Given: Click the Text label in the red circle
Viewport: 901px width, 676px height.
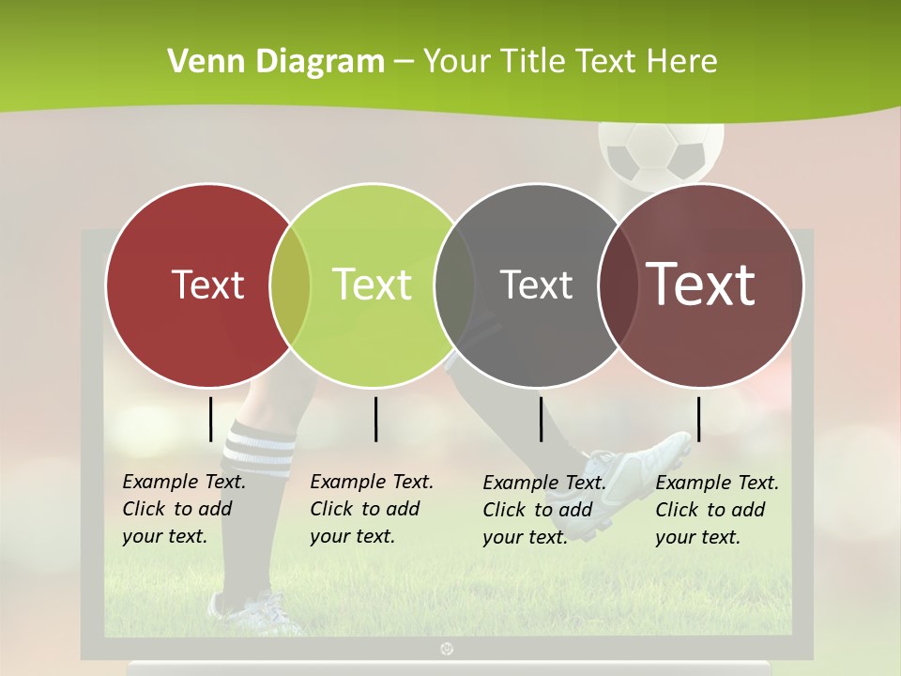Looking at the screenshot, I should [x=207, y=284].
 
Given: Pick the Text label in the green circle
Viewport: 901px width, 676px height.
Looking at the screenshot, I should [x=372, y=284].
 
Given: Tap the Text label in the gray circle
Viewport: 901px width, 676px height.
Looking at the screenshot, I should [x=536, y=284].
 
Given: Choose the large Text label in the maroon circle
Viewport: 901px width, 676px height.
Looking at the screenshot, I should [x=701, y=284].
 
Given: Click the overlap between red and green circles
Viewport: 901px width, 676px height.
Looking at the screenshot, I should [x=290, y=285].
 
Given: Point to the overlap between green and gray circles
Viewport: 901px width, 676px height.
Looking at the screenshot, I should [x=454, y=285].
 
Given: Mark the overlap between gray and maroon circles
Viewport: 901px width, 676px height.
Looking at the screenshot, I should [x=618, y=285].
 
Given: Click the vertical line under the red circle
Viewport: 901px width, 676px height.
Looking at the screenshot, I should [x=211, y=419].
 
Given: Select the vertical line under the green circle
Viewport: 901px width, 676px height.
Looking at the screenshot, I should [x=375, y=419].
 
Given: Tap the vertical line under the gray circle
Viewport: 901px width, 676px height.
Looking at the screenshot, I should [x=541, y=419].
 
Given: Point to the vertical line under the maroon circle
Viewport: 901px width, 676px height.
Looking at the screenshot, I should [x=698, y=419].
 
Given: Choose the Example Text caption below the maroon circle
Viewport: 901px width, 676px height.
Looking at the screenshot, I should [x=716, y=510].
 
